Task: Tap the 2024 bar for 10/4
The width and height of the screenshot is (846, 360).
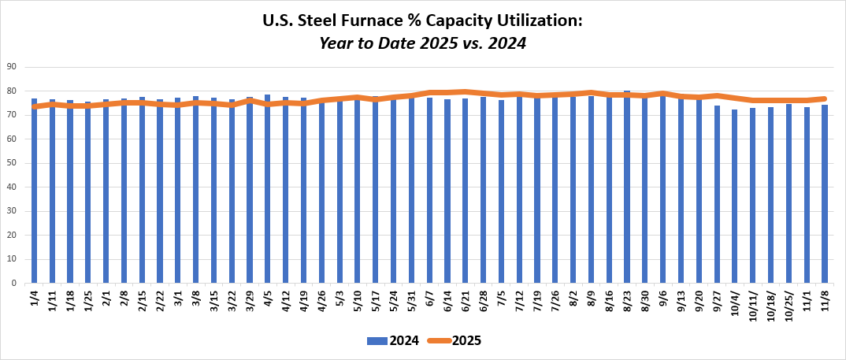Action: click(735, 196)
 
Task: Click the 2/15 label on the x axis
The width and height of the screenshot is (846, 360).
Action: click(143, 300)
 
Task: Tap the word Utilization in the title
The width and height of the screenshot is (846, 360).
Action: click(539, 21)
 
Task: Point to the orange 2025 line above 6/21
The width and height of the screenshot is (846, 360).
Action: click(466, 91)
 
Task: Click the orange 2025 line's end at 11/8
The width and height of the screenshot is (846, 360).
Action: click(824, 98)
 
